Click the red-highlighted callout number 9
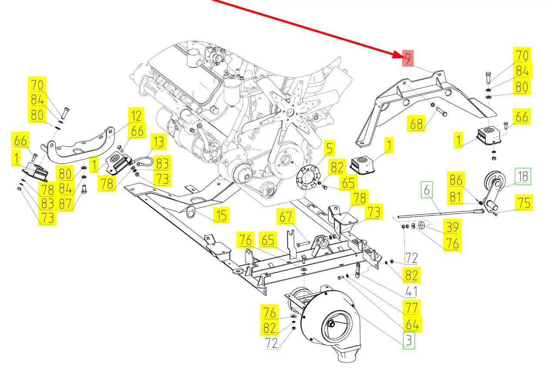click(x=408, y=58)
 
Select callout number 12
click(x=136, y=116)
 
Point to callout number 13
click(x=158, y=142)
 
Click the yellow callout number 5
click(x=330, y=148)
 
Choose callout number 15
click(x=221, y=215)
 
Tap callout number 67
click(x=286, y=217)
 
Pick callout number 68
click(x=416, y=123)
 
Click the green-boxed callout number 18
click(x=523, y=176)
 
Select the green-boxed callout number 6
click(x=427, y=190)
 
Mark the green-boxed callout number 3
click(x=409, y=340)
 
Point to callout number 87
click(x=65, y=204)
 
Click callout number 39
click(x=452, y=227)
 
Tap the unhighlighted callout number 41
click(x=411, y=291)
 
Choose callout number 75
click(x=524, y=203)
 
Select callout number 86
click(x=456, y=180)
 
